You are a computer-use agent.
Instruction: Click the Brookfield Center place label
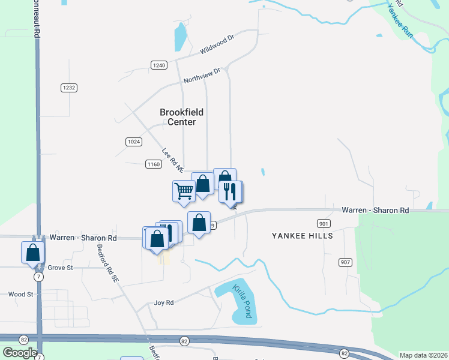[181, 117]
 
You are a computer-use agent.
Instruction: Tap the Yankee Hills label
[302, 236]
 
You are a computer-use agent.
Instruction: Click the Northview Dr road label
[202, 75]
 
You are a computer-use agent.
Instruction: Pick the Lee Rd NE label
[172, 158]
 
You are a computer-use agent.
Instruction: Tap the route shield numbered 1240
[159, 65]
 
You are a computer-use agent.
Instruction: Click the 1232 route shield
[68, 88]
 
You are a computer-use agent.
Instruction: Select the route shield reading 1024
[134, 142]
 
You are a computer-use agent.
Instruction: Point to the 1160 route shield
[153, 163]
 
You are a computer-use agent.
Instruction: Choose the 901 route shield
[324, 224]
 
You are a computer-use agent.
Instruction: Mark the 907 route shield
[345, 262]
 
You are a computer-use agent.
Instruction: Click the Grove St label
[60, 268]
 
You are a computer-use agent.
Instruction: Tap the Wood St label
[20, 295]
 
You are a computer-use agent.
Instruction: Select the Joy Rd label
[164, 303]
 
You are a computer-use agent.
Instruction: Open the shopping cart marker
[184, 191]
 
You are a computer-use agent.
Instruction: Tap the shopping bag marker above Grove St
[32, 252]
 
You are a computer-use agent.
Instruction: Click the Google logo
[20, 352]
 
